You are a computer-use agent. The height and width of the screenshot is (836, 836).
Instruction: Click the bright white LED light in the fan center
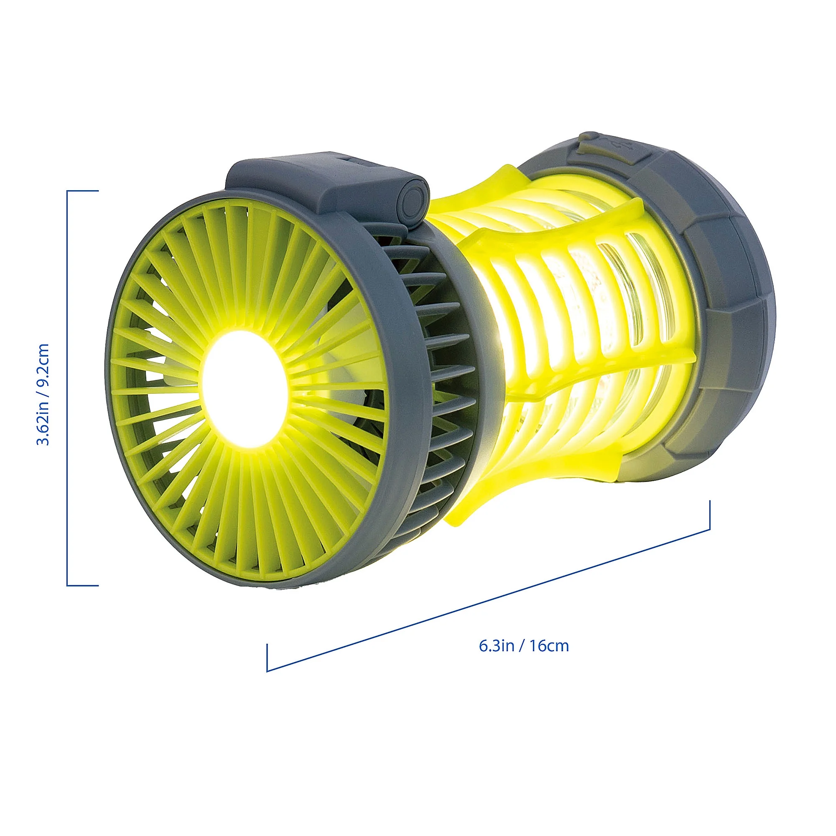(x=245, y=390)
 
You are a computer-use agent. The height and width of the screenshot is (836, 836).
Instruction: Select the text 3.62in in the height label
(x=43, y=426)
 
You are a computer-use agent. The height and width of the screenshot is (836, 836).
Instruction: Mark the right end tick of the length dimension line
(x=710, y=515)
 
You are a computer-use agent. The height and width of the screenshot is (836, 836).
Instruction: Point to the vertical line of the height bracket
(x=67, y=390)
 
